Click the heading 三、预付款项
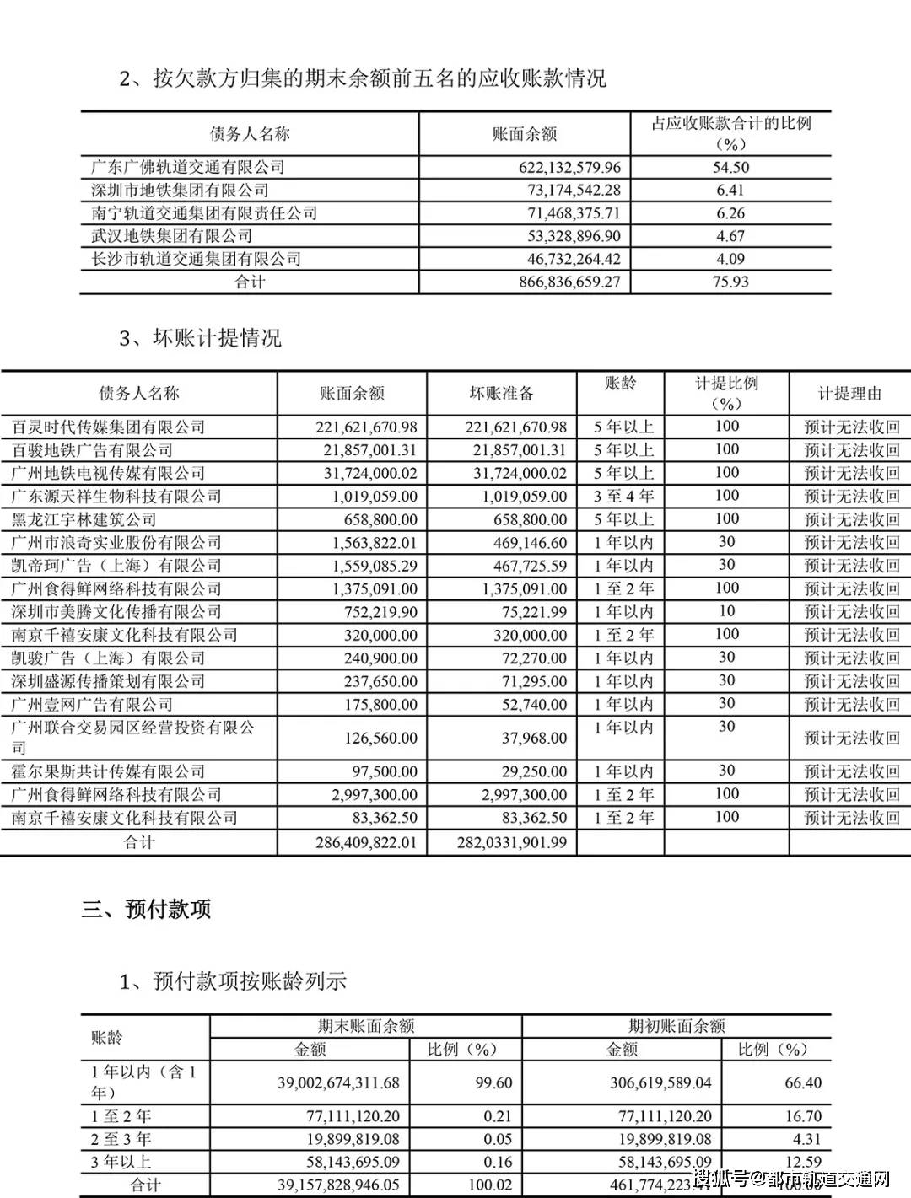(x=146, y=909)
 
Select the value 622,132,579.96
(x=569, y=167)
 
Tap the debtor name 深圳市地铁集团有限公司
(x=180, y=191)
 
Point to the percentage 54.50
(x=730, y=167)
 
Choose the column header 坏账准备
(x=502, y=393)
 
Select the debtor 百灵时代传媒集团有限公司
(x=109, y=427)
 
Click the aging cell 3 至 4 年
(x=623, y=496)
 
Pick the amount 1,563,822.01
(x=369, y=543)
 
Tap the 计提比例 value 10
(x=726, y=611)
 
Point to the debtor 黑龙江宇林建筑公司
(x=84, y=519)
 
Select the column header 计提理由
(x=849, y=393)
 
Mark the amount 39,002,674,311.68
(x=338, y=1082)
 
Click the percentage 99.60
(x=493, y=1082)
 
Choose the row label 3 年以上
(x=121, y=1162)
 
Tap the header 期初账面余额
(x=677, y=1026)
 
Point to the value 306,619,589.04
(x=660, y=1082)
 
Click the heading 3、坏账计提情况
(x=200, y=339)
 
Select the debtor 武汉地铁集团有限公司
(x=171, y=236)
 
